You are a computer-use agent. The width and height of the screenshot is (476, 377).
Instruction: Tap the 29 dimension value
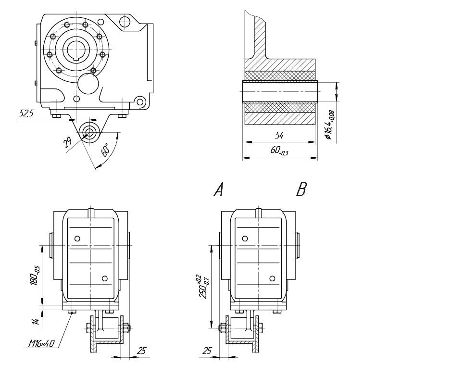(68, 143)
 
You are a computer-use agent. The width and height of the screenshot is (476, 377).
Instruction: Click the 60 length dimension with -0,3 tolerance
(279, 151)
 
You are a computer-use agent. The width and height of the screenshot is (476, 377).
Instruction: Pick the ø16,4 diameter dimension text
(329, 125)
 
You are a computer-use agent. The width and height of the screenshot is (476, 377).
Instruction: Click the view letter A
(218, 190)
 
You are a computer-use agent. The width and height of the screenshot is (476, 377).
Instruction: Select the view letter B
(301, 190)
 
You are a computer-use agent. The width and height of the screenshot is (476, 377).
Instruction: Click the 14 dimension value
(35, 321)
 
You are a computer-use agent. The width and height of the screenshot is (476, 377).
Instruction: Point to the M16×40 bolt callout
(41, 344)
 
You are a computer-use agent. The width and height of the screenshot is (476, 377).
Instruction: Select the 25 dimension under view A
(141, 351)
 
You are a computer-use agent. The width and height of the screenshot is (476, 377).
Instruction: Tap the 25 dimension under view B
(207, 351)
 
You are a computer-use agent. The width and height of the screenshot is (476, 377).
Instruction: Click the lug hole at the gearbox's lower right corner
(140, 102)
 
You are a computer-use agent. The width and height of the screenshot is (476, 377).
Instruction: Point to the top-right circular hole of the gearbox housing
(125, 22)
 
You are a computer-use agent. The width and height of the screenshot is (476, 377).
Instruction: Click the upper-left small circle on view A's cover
(77, 239)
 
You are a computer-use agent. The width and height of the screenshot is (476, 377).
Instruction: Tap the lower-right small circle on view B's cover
(272, 278)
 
